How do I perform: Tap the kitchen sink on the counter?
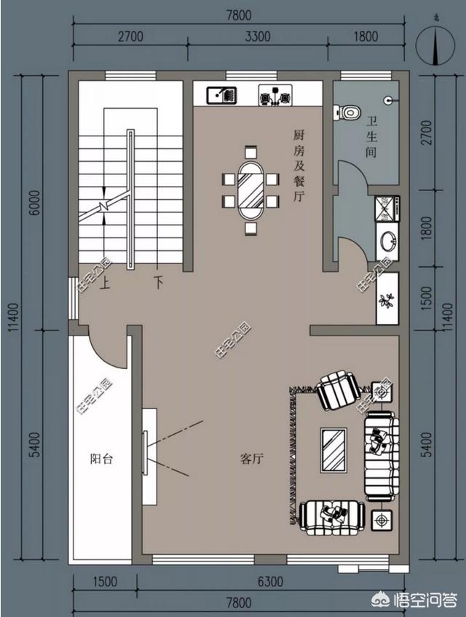222,96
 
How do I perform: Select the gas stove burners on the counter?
275,96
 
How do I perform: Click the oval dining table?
250,190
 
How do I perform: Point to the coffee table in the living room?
333,450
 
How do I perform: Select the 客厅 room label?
251,459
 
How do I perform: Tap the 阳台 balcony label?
101,459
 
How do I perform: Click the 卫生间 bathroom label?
371,136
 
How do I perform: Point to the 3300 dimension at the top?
258,36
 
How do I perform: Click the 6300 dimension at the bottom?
270,581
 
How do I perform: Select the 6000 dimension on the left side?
35,202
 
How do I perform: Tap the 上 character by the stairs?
105,283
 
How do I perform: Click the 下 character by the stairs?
158,282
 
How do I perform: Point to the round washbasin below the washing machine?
387,241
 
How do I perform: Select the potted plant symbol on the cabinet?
386,301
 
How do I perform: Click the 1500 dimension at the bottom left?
105,581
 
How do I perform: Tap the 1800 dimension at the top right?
366,36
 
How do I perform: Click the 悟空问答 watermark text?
425,600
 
